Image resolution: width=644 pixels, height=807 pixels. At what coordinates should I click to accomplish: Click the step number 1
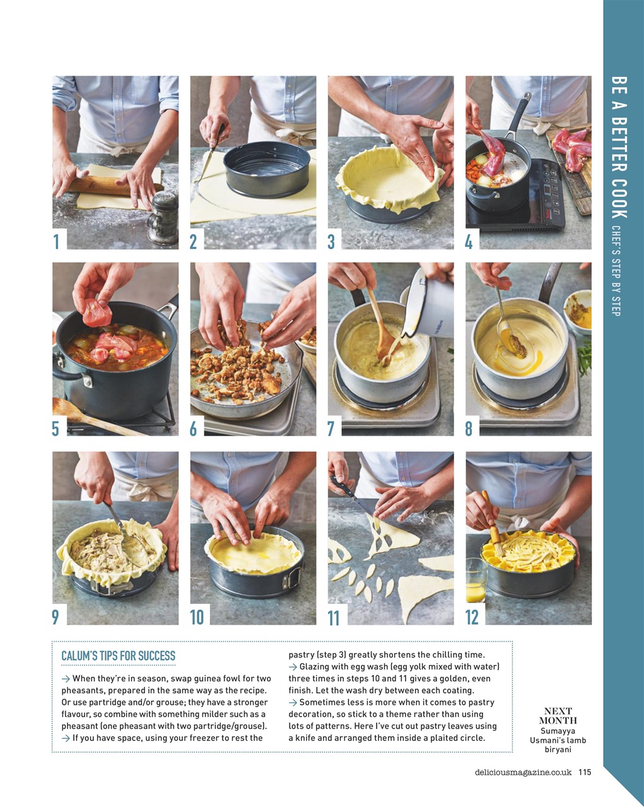click(x=56, y=241)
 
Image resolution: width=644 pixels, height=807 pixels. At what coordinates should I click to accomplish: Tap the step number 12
click(x=472, y=617)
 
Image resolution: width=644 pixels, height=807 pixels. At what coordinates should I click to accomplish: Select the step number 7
click(x=331, y=429)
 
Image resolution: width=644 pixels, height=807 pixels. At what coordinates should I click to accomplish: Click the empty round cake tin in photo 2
click(x=266, y=168)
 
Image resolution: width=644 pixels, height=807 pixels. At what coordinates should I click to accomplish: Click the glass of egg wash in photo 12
click(x=476, y=581)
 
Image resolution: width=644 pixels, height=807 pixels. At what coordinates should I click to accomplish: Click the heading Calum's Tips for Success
click(x=118, y=656)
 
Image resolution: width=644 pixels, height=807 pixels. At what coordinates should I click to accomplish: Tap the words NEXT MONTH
click(x=558, y=716)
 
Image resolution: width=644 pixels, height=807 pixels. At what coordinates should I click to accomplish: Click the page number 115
click(x=585, y=772)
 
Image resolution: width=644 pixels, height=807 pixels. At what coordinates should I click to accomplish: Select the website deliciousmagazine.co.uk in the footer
click(x=523, y=772)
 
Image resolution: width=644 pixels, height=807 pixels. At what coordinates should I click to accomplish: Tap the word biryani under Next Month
click(x=558, y=750)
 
